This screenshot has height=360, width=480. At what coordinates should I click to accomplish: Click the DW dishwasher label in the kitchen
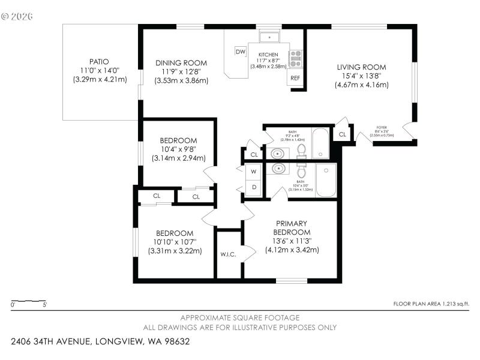241,52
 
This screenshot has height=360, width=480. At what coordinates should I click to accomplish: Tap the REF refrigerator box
295,78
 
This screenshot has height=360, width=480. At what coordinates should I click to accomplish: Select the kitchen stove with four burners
295,58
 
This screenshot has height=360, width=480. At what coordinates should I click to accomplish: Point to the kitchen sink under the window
269,36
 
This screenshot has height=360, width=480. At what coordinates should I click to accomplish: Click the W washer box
253,172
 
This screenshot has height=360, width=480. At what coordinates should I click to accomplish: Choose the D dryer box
253,187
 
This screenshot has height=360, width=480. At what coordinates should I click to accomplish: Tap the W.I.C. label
227,254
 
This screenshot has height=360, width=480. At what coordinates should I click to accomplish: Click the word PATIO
99,61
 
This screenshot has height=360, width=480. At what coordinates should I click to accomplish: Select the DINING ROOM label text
181,63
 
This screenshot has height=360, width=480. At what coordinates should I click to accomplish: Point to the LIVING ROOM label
361,67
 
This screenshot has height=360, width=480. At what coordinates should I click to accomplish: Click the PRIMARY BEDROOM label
292,227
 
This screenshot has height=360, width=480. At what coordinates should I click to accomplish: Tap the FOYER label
382,128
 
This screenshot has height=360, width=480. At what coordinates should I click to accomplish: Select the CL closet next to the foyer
342,134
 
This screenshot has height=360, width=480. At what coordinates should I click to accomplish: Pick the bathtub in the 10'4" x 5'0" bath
326,181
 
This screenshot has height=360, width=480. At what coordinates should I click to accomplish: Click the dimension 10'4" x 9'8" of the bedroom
178,149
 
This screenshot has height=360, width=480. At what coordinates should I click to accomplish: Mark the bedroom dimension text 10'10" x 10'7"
175,242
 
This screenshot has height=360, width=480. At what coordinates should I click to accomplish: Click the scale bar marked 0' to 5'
29,301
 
